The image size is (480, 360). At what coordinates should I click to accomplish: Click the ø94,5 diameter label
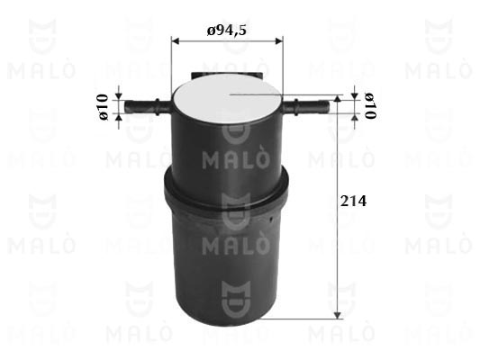coord(226,31)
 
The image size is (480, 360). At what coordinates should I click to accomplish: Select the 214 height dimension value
coord(353,201)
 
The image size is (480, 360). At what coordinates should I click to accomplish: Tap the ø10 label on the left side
coord(104,107)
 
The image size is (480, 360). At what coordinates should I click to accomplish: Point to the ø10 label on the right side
coord(370,105)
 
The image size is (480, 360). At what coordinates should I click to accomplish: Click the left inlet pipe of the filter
coord(148,107)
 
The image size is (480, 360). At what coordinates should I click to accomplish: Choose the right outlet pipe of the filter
coord(306,106)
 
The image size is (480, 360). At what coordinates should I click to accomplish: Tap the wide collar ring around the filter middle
coord(226,190)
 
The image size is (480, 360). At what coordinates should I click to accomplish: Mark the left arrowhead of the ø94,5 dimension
coord(175,40)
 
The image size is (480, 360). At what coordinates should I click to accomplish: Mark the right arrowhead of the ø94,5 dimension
coord(279,40)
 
